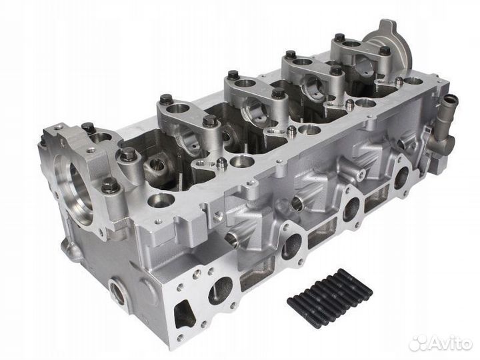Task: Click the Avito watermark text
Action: coord(450,344)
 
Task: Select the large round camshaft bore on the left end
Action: coord(75,189)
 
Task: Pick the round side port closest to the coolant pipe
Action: coord(402,177)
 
